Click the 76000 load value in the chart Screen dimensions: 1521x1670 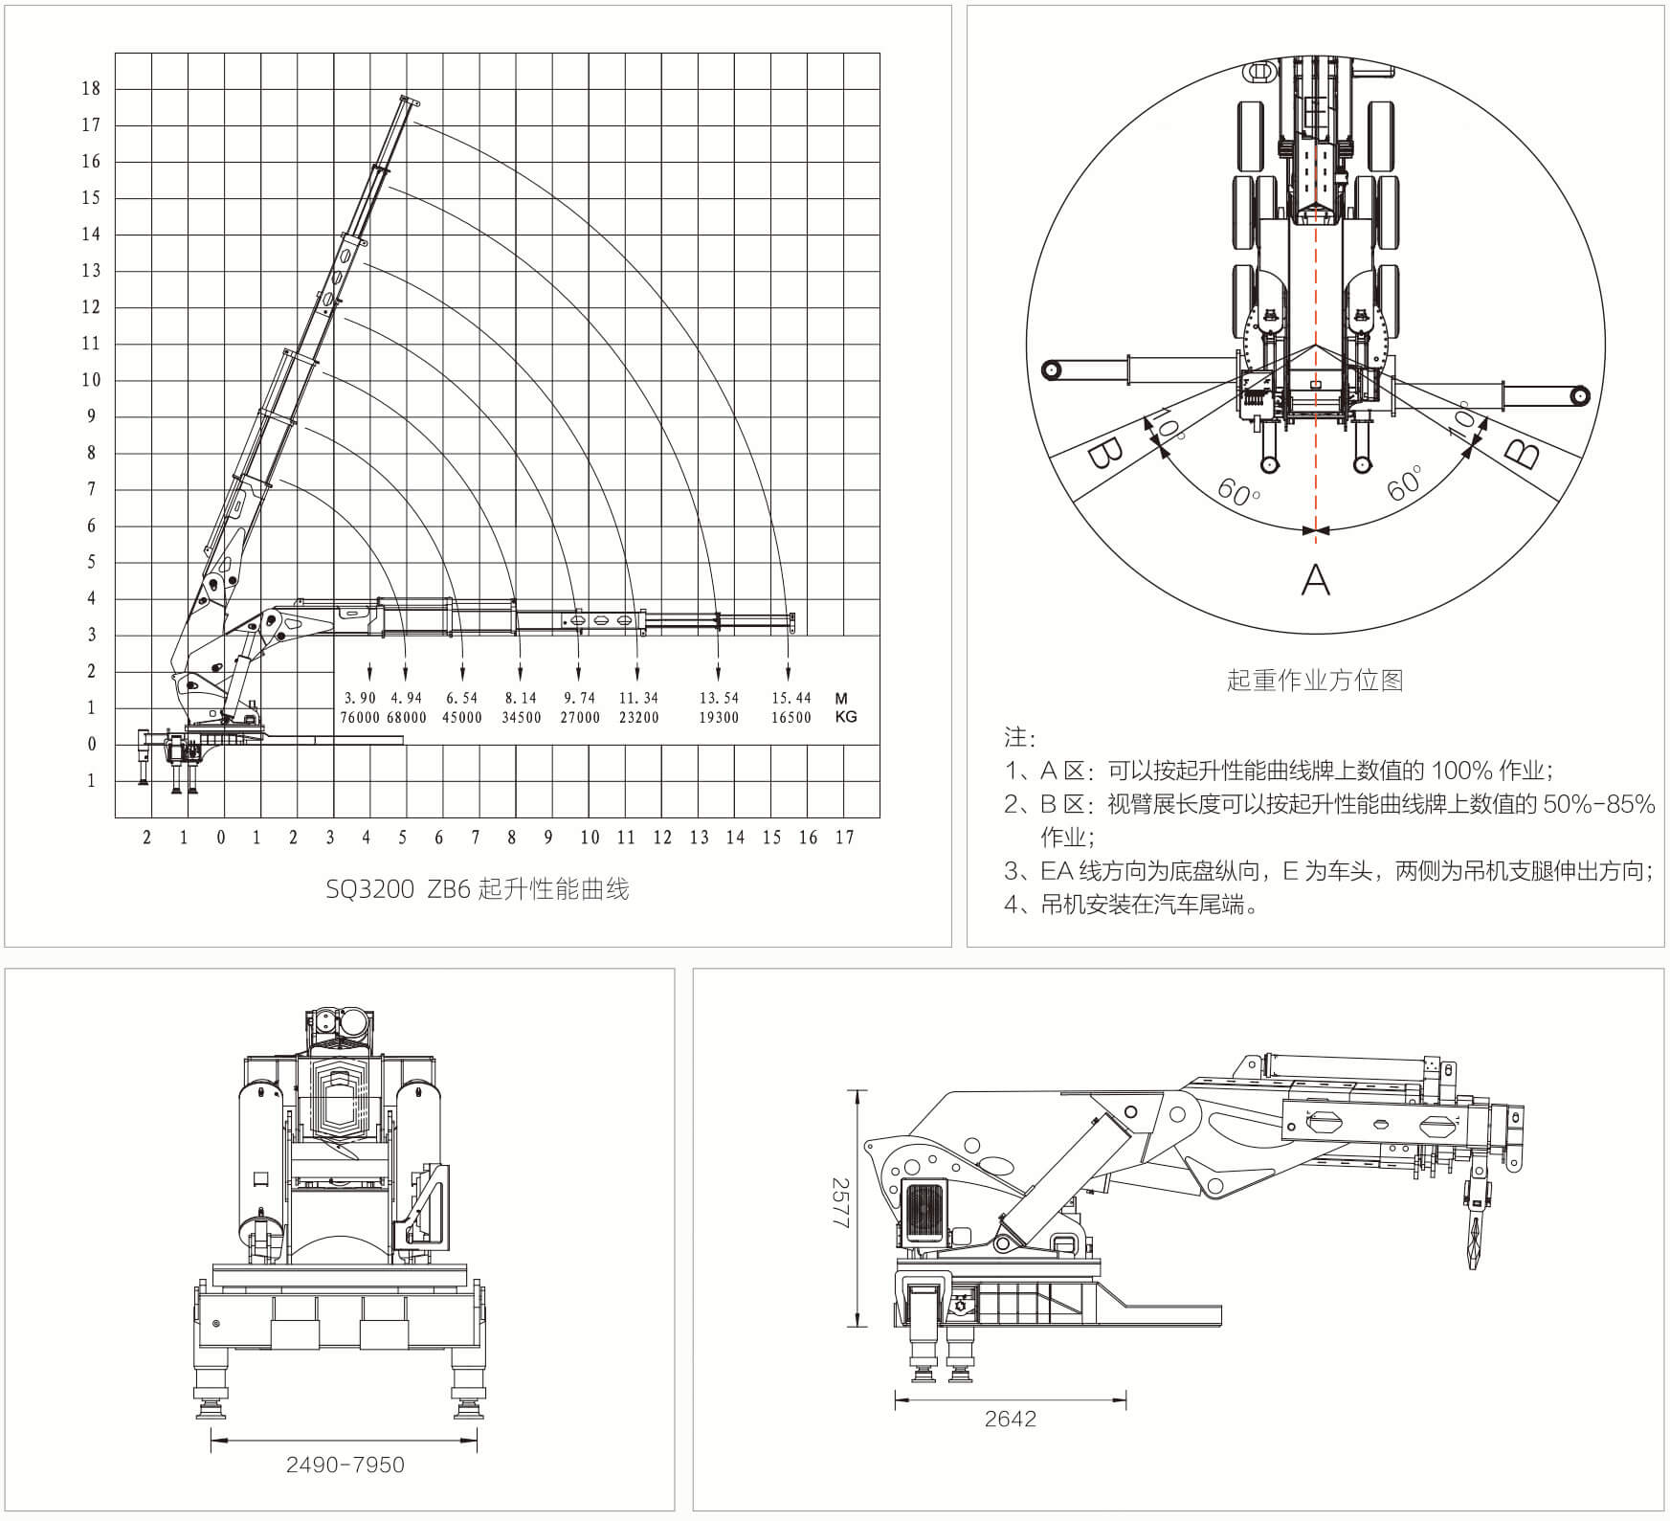click(x=360, y=717)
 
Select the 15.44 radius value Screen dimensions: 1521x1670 click(x=791, y=698)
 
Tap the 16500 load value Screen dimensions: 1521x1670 click(x=791, y=717)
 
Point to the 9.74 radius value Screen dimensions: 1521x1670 click(x=580, y=698)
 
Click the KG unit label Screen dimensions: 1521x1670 click(x=845, y=717)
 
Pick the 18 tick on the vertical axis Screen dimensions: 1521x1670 click(x=91, y=89)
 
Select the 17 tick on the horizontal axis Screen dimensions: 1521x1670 click(x=844, y=838)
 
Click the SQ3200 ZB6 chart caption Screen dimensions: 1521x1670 click(x=477, y=889)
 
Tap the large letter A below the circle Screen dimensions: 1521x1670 click(x=1316, y=579)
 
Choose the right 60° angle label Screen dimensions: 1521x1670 click(x=1405, y=482)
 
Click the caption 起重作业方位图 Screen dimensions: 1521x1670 click(x=1314, y=681)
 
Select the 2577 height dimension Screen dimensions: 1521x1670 click(x=839, y=1208)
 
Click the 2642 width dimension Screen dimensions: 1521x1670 click(x=1011, y=1419)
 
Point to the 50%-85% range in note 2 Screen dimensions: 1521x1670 click(x=1599, y=804)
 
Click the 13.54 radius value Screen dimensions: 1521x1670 click(x=719, y=698)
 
